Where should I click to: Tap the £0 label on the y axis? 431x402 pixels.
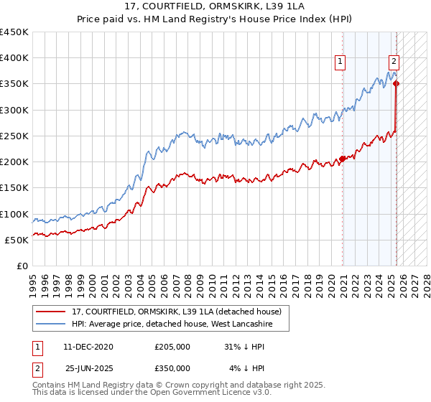point(21,266)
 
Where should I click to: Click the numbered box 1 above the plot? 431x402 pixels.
point(340,62)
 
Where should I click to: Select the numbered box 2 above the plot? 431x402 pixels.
point(394,62)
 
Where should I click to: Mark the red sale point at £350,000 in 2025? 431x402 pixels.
point(396,84)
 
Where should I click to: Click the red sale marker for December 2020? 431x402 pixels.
point(343,159)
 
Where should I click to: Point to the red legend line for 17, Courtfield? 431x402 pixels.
point(50,312)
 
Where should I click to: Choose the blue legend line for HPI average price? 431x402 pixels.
point(50,324)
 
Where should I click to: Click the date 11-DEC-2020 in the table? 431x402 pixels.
point(89,347)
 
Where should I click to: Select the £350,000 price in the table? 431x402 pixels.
point(172,368)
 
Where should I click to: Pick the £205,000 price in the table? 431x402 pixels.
point(172,347)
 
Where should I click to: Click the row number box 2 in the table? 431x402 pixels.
point(37,368)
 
